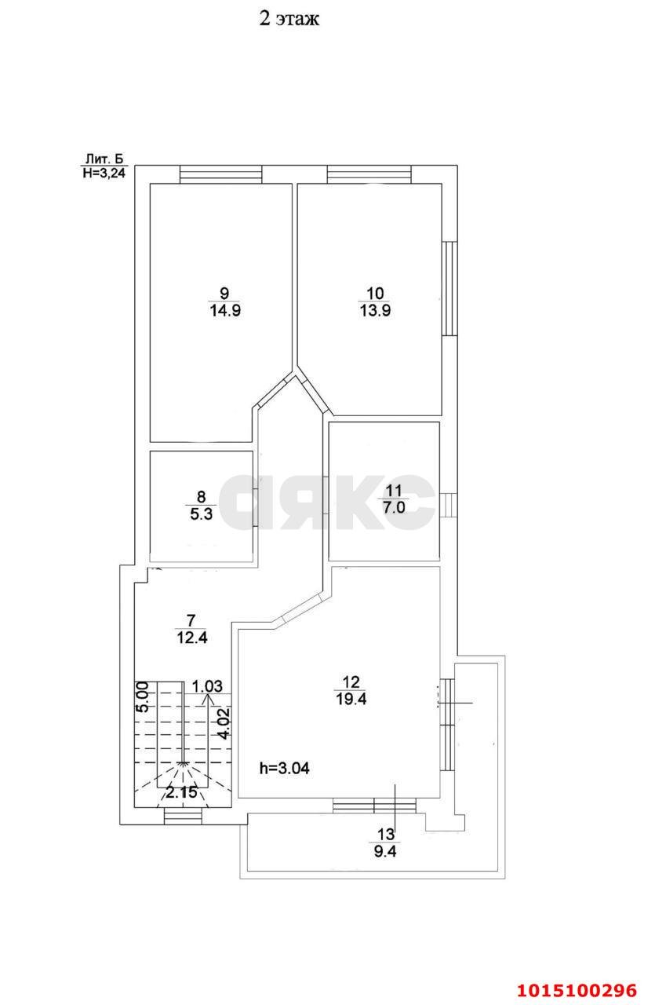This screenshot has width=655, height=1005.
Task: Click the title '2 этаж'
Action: point(289,19)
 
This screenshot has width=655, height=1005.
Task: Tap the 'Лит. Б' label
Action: point(104,159)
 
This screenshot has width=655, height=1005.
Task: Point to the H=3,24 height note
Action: point(104,174)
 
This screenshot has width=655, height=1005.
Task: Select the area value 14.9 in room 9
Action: point(225,310)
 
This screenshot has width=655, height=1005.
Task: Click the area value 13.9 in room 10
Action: point(375,310)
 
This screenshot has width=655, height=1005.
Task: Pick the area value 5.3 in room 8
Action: point(201,513)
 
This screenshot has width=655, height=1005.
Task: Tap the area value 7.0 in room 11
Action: point(394,507)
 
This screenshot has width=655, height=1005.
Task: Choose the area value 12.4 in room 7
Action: point(192,638)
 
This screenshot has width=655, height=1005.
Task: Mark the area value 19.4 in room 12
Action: point(351,699)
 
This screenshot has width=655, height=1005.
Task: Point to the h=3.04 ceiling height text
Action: point(284,769)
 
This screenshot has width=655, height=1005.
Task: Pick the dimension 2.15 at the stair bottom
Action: point(181,792)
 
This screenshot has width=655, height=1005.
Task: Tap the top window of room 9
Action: point(220,174)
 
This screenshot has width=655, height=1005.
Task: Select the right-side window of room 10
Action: point(449,289)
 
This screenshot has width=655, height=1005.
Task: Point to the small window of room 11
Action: point(448,505)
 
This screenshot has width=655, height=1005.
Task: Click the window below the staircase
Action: point(183,817)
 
